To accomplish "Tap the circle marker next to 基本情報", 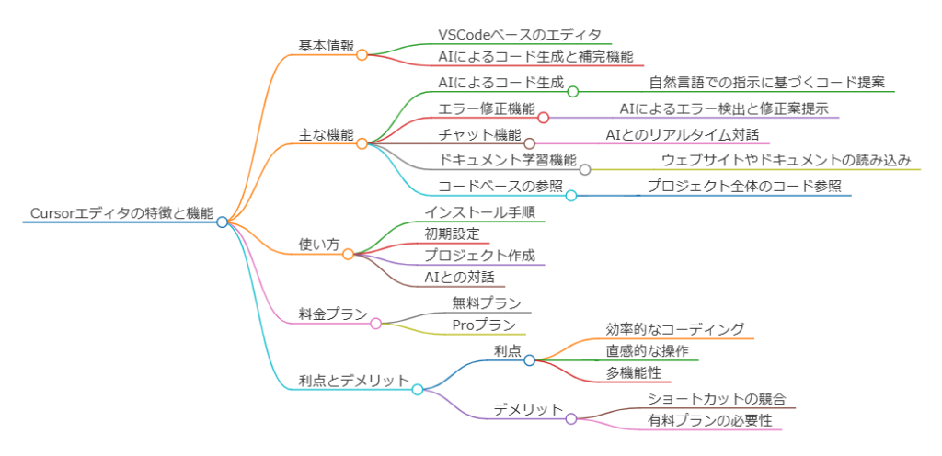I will tap(362, 55).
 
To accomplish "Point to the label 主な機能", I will tap(326, 134).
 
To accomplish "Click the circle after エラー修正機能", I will tap(543, 118).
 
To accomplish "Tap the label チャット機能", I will tap(479, 135).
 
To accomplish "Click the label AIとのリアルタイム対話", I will tap(683, 135).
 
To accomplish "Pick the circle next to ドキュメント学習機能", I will tap(585, 169).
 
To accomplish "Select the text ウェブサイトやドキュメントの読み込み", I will tap(787, 160).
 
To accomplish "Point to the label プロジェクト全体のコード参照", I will tap(743, 186).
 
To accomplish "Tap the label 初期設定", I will tap(452, 234).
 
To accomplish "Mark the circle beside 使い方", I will tap(348, 254).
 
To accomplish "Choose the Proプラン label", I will tap(483, 325).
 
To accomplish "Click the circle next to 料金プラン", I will tap(375, 324).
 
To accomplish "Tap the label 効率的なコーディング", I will tap(675, 329).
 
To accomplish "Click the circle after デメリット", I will tap(570, 419).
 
